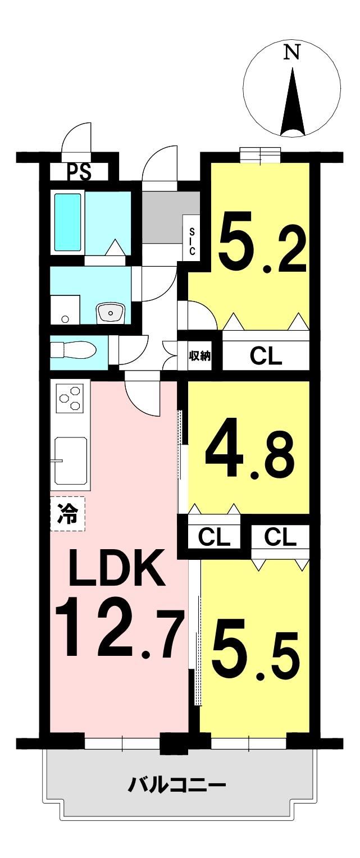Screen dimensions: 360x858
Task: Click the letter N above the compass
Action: coord(292,53)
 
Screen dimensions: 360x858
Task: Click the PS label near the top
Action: coord(80,172)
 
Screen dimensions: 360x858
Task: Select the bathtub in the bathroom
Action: coord(68,222)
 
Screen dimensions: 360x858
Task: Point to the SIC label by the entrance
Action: coord(192,241)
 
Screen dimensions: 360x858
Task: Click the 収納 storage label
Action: coord(199,356)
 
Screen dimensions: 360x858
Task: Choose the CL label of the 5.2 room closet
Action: coord(266,357)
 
